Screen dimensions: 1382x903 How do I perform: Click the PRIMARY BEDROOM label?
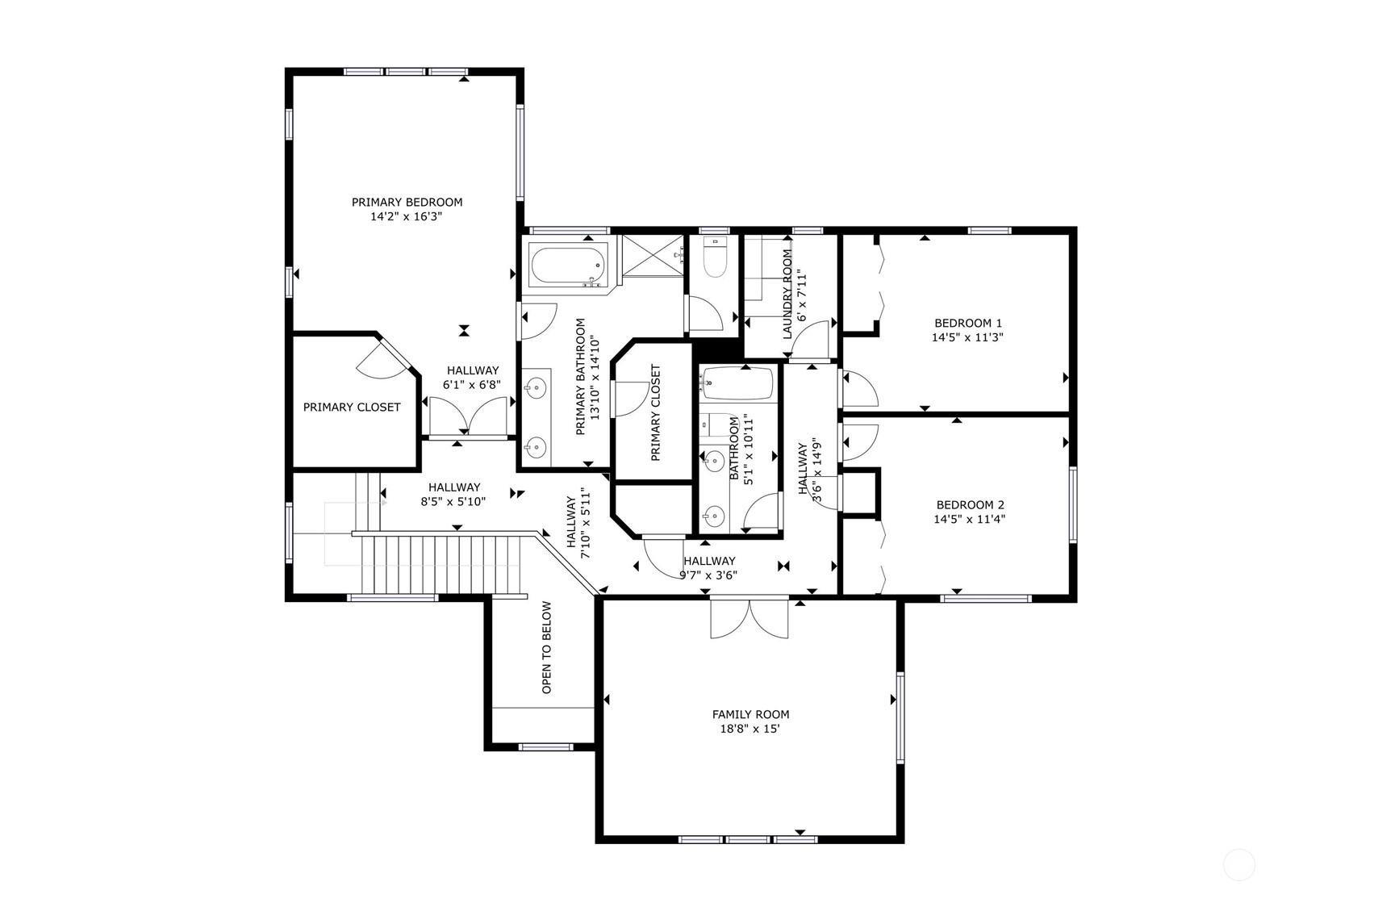407,202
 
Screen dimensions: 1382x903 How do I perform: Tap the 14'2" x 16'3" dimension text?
407,216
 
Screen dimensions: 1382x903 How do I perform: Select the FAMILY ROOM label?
750,714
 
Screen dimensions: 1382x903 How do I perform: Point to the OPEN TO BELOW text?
547,647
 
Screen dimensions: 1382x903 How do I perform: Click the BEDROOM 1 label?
968,323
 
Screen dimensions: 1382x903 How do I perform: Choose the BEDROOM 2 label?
970,504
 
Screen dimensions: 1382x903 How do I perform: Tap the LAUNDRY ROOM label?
787,294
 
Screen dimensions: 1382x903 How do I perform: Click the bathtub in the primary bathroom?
568,266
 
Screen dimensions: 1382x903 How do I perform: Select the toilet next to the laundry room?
715,258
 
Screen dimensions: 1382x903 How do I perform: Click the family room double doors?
749,617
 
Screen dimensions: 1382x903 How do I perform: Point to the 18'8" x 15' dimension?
750,729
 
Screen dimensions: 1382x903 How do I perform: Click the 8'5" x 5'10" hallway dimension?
453,502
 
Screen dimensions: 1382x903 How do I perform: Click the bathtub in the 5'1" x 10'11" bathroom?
738,384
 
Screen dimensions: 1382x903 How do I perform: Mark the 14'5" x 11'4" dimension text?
969,519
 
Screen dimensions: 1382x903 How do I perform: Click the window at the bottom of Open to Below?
546,746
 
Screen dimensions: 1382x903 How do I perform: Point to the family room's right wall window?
900,718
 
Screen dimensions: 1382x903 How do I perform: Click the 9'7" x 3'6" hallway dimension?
709,576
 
